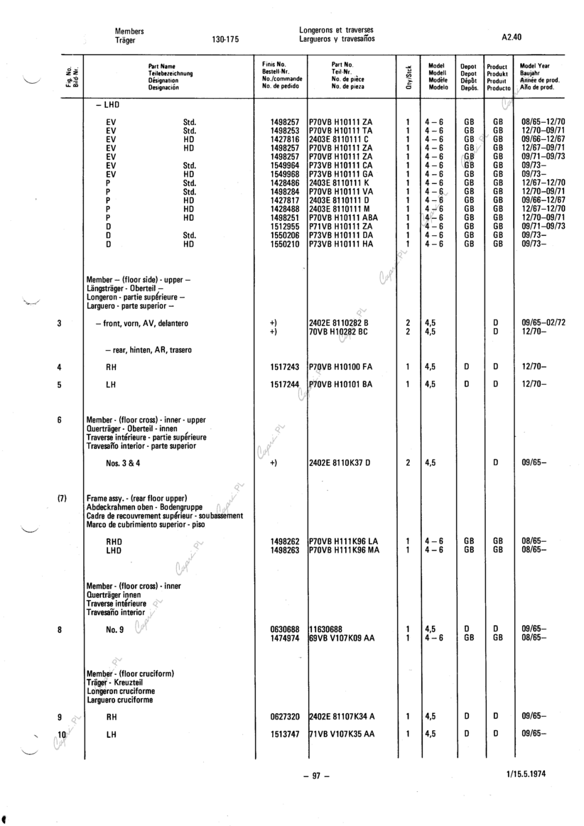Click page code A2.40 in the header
coord(512,35)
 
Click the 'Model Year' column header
coord(535,65)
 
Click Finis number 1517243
coord(285,367)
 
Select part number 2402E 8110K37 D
coord(341,463)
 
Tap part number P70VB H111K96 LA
coord(343,540)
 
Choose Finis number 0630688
coord(285,629)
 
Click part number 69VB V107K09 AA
coord(342,638)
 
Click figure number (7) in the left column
coord(61,498)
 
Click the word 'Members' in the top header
coord(129,31)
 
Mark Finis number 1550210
coord(285,244)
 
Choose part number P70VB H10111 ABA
coord(344,218)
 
